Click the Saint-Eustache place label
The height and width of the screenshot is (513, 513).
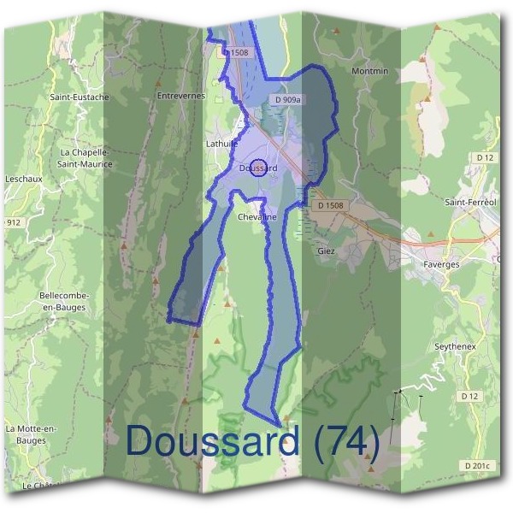coord(79,97)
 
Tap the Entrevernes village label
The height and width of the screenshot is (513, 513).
coord(181,96)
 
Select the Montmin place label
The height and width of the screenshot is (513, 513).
coord(369,70)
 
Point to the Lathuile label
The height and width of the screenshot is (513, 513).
coord(221,144)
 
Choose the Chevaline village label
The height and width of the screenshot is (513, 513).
coord(257,217)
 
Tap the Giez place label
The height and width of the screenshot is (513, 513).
coord(326,251)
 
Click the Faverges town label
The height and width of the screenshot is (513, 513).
coord(441,264)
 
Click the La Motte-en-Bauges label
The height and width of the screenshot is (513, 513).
coord(31,433)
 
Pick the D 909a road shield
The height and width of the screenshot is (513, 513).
coord(288,100)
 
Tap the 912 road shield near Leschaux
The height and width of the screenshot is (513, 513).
coord(13,222)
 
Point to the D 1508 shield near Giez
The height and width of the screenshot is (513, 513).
coord(330,205)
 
